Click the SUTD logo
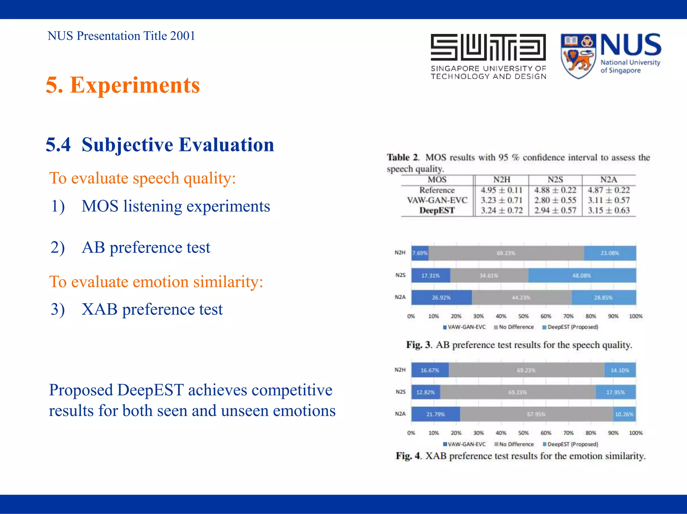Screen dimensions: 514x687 [488, 56]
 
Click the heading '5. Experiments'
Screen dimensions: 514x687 [123, 85]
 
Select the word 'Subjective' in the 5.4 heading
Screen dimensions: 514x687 [127, 145]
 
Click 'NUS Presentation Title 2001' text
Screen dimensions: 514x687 [121, 36]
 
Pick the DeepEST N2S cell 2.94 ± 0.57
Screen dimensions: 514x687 [555, 210]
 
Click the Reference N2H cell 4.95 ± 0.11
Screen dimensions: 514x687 [501, 190]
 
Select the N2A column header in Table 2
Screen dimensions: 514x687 [609, 180]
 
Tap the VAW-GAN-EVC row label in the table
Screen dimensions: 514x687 [437, 200]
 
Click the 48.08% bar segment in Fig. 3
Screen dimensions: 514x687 [582, 275]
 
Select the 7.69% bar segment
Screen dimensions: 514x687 [420, 253]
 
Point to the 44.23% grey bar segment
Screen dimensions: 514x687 [521, 298]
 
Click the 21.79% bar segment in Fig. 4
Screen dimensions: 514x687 [435, 414]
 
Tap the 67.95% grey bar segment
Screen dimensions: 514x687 [536, 414]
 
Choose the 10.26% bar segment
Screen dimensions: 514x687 [624, 414]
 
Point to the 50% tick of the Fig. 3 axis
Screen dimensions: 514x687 [523, 316]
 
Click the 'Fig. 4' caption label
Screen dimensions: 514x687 [408, 456]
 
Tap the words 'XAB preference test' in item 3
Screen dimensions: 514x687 [152, 309]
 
